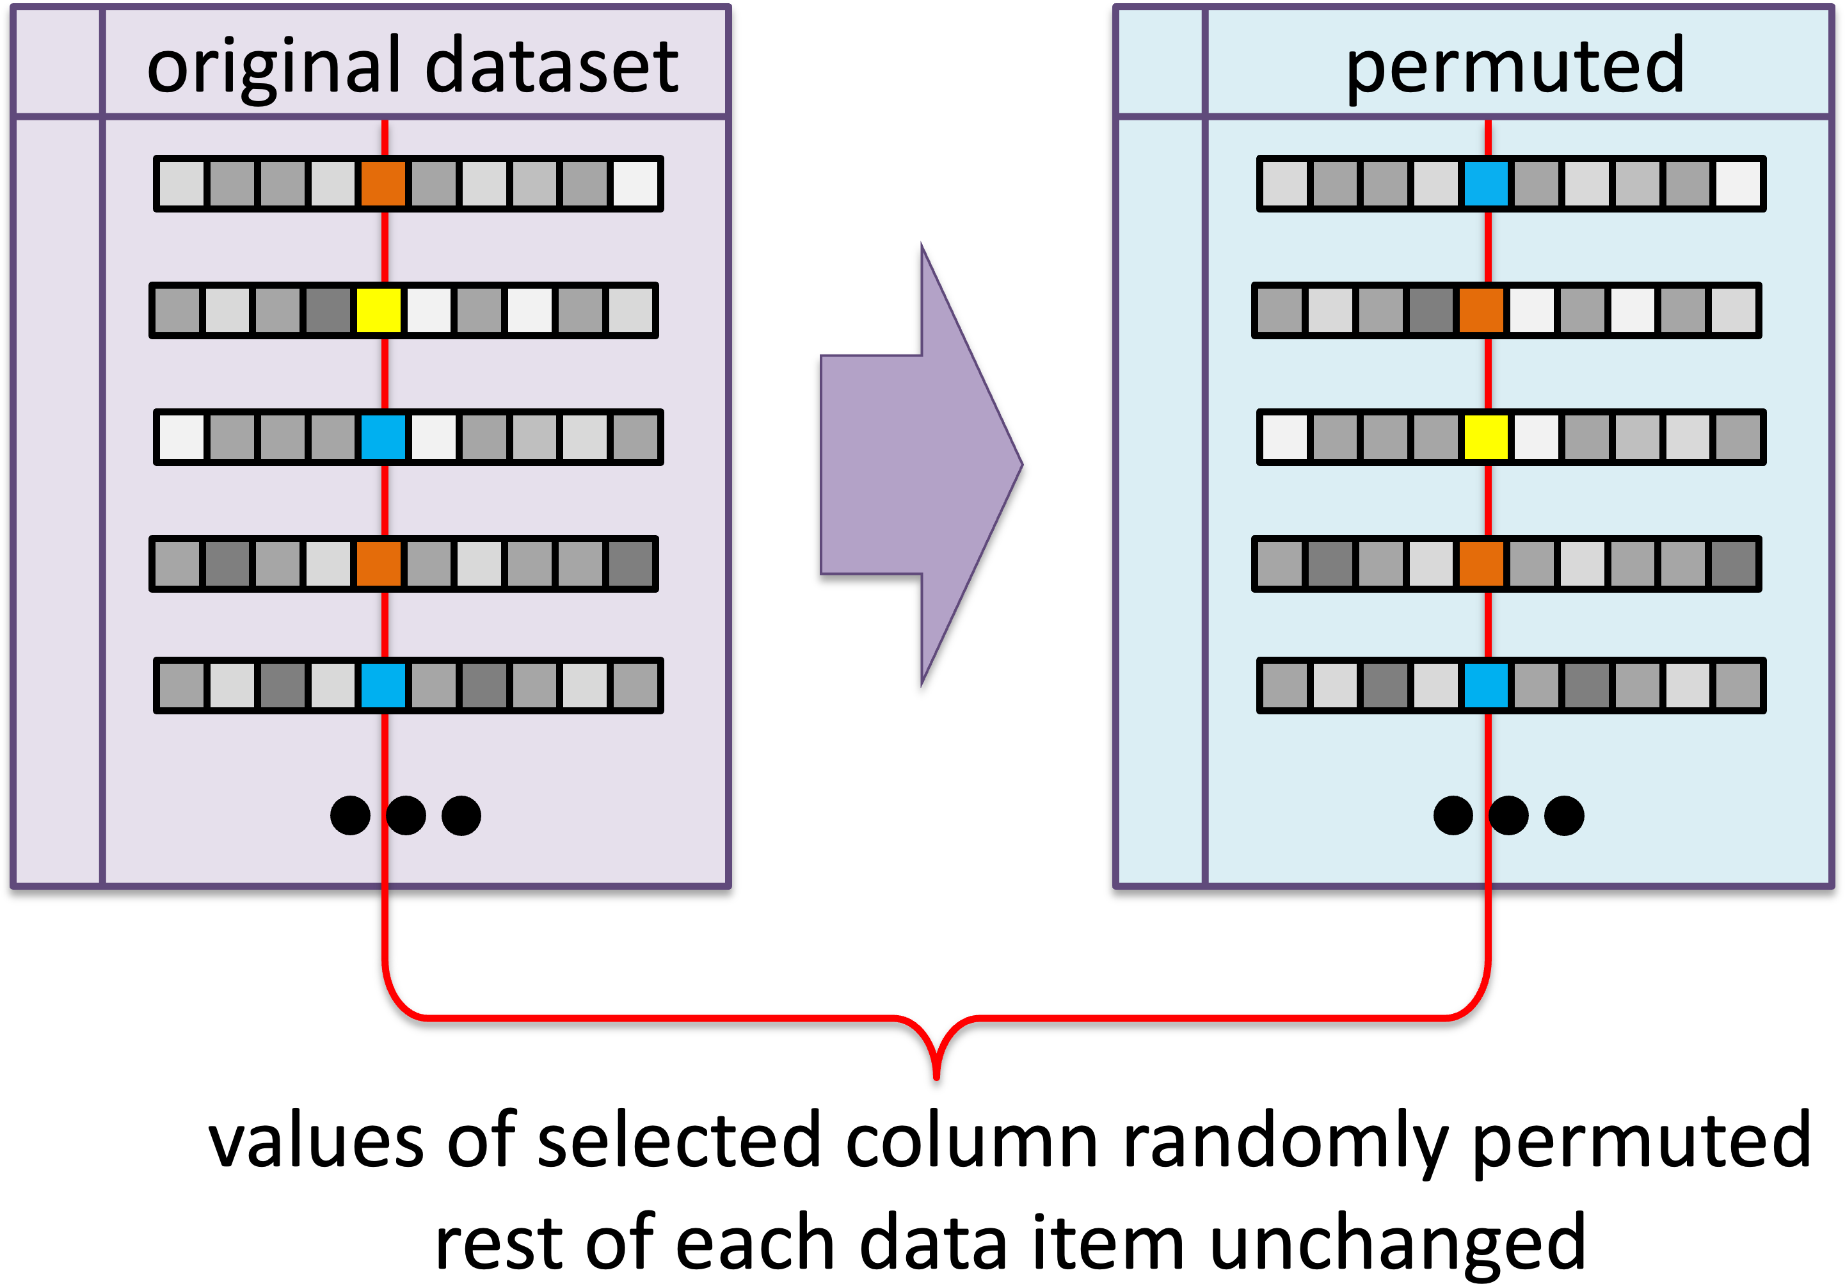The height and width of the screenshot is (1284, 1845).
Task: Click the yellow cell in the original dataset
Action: point(378,310)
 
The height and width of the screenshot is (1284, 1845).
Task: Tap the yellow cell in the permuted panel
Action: point(1486,437)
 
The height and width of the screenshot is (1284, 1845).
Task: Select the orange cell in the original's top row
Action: point(383,183)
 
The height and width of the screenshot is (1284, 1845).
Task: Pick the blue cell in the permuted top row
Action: point(1486,183)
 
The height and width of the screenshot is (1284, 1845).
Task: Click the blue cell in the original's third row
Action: point(383,437)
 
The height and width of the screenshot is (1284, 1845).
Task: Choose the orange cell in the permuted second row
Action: point(1481,310)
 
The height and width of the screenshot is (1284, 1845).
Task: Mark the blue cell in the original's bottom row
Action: point(383,686)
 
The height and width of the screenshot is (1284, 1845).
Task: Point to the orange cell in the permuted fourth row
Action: point(1481,564)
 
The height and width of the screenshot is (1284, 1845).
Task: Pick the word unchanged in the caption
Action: point(1398,1242)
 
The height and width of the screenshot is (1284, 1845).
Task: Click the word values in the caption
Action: point(315,1141)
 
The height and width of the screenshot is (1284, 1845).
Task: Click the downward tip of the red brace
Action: point(937,1077)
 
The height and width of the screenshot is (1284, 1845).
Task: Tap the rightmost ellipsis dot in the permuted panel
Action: point(1564,815)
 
